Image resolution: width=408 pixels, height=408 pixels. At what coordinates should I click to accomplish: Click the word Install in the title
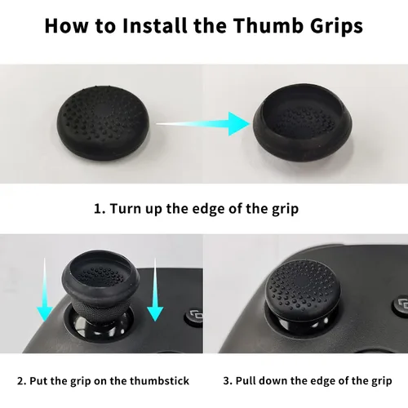click(155, 25)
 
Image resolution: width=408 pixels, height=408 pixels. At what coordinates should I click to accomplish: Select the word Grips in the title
click(337, 27)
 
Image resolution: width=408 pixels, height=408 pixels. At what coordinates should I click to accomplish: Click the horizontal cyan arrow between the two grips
click(203, 124)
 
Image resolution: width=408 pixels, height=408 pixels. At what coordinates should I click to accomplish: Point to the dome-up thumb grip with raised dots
click(103, 123)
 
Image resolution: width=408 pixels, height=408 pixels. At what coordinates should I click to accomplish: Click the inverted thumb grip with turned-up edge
click(303, 123)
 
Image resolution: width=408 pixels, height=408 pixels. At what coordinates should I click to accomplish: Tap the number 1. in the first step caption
click(100, 209)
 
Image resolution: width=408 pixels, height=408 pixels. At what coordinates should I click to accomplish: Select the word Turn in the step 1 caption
click(126, 209)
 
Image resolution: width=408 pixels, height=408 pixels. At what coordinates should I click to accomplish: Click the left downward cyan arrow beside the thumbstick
click(45, 290)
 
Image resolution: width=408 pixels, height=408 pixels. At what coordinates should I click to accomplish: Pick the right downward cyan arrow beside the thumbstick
click(155, 290)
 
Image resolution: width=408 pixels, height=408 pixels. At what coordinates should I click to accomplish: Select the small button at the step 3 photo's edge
click(401, 304)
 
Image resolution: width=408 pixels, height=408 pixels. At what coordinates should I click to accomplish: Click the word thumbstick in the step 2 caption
click(159, 380)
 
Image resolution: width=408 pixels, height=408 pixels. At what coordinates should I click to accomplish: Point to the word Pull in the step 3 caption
click(246, 380)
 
